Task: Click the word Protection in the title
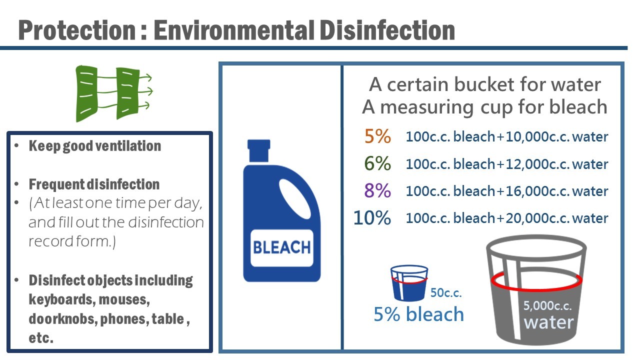tap(77, 30)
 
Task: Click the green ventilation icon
tap(113, 93)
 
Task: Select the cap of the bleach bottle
tap(258, 151)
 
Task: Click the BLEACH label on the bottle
tap(281, 247)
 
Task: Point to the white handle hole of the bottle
tap(295, 199)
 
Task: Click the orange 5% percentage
tap(377, 136)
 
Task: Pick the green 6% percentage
tap(377, 163)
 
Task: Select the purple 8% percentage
tap(377, 190)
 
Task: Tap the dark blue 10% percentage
tap(372, 217)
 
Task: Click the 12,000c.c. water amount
tap(556, 164)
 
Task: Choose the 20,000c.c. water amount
tap(556, 218)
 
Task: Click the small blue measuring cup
tap(409, 283)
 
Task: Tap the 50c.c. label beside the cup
tap(446, 292)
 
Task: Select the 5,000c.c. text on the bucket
tap(547, 305)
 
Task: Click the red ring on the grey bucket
tap(536, 289)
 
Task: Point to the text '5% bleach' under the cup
tap(419, 314)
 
